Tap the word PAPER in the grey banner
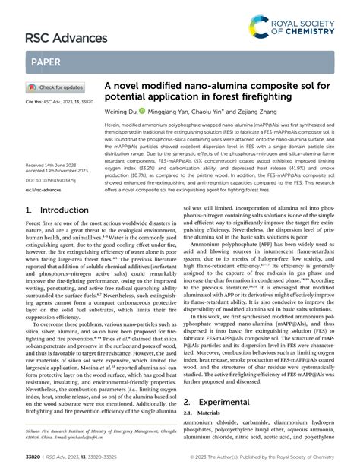click(x=48, y=62)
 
